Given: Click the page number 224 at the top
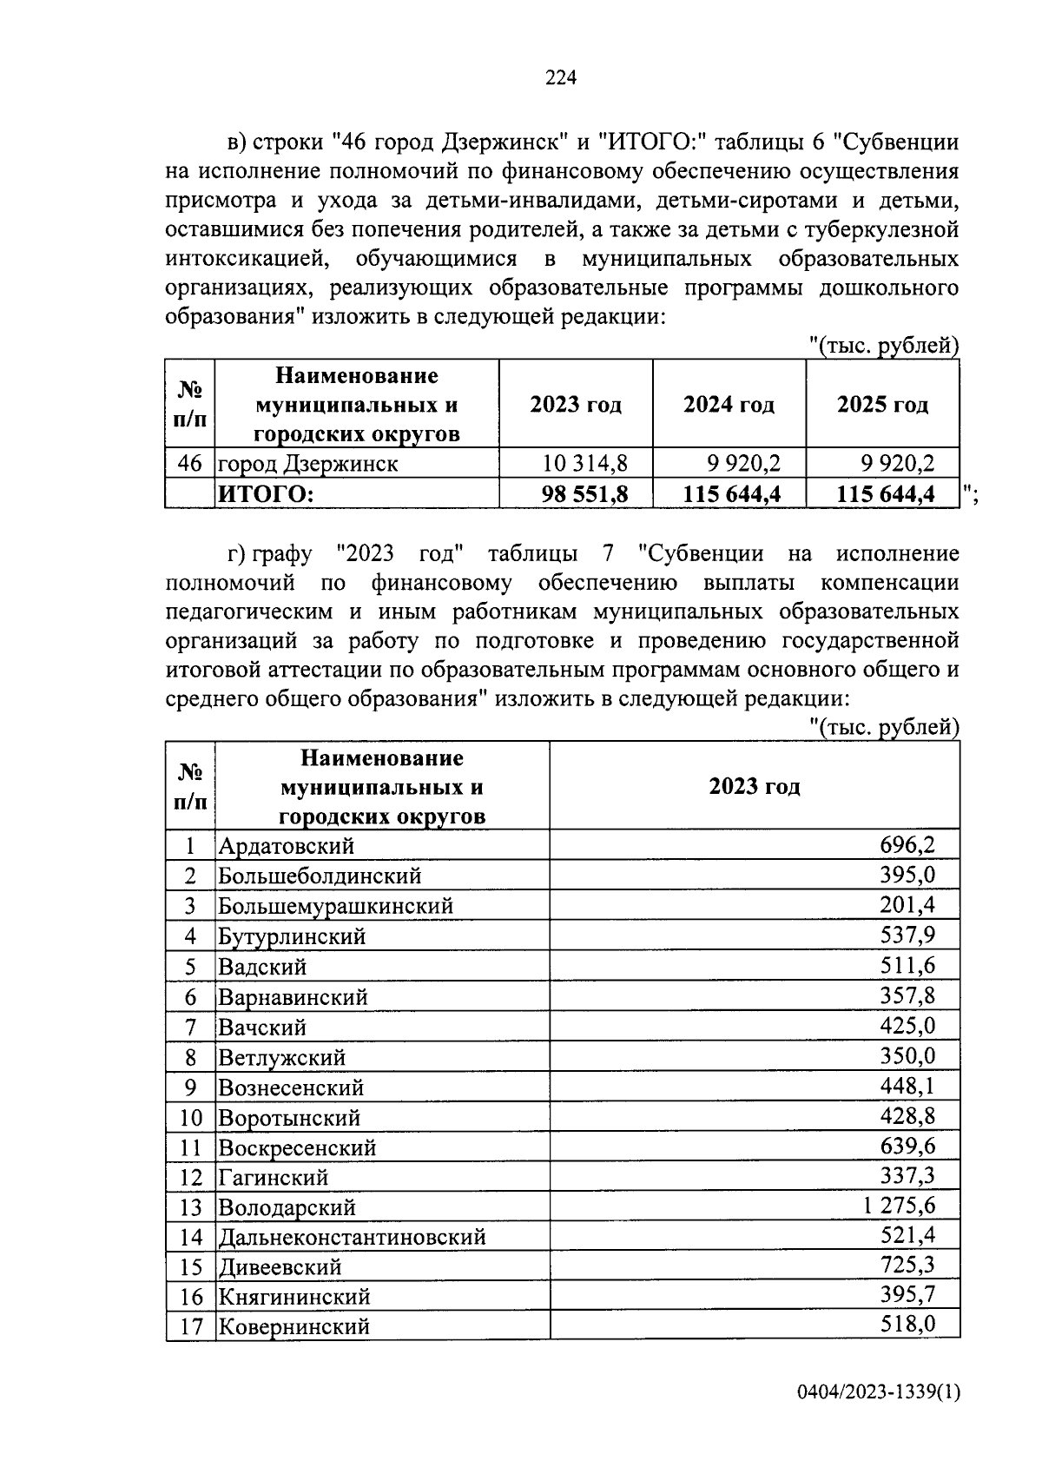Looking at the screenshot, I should (561, 78).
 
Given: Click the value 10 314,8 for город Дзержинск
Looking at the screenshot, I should (584, 464).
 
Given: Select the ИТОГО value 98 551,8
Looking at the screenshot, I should (584, 494).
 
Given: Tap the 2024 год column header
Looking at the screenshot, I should (729, 405).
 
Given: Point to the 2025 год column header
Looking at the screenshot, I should (882, 405).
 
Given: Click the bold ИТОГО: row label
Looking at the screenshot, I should (266, 494).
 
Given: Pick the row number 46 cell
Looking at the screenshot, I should (189, 464).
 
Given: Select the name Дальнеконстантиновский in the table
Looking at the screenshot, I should (352, 1237).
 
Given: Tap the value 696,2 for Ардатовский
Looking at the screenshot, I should (907, 844).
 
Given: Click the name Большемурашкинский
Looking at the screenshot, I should (335, 906).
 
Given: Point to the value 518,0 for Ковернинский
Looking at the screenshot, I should (907, 1325).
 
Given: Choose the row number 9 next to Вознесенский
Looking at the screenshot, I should (190, 1087).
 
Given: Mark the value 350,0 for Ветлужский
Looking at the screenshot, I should (907, 1056).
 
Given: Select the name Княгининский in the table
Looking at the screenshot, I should (294, 1297).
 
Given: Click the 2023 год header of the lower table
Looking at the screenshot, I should (754, 787).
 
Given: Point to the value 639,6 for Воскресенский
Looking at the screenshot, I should (907, 1147).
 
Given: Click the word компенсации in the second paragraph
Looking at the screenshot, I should (890, 582).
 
